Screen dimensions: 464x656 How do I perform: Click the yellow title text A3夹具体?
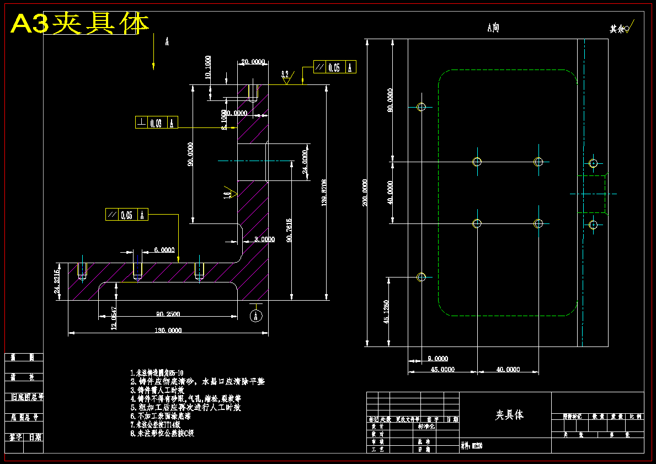[81, 24]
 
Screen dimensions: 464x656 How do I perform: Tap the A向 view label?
[493, 28]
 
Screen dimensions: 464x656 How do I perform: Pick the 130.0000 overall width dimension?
[167, 330]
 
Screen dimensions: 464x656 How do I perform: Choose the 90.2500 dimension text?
[168, 314]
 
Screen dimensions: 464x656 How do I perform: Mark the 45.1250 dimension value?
[386, 312]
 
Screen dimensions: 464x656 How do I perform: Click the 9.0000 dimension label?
[438, 359]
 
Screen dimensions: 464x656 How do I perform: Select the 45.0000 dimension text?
[442, 370]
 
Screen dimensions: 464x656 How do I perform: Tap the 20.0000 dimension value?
[253, 62]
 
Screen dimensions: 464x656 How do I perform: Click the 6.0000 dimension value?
[164, 250]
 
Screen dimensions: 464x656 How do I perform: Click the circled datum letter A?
[255, 316]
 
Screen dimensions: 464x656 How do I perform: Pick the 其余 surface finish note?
[621, 29]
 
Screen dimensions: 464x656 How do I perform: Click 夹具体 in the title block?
[509, 414]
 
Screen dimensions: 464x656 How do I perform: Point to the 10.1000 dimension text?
[207, 67]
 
